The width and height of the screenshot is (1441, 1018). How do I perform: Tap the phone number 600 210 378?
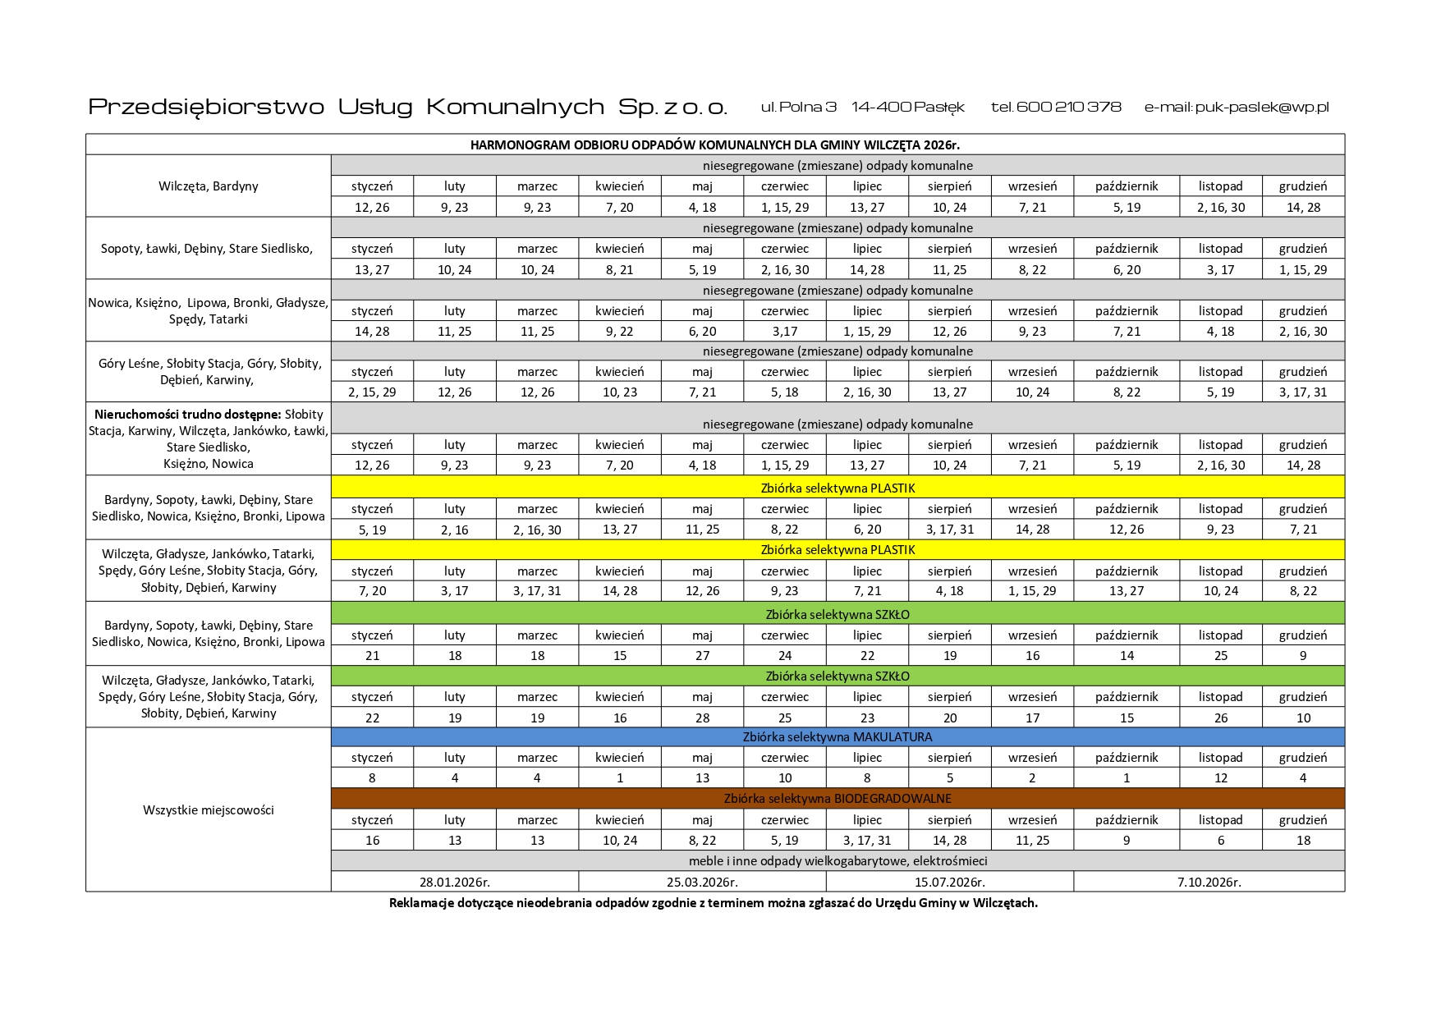pos(1068,108)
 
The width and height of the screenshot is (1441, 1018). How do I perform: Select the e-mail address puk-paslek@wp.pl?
pos(1262,108)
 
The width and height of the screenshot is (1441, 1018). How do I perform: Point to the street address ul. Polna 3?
pos(798,108)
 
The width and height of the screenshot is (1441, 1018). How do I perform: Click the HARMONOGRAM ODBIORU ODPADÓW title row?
pos(714,144)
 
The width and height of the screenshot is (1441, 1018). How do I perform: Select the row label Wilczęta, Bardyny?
pos(208,186)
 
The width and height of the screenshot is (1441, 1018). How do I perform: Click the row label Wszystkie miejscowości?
pos(208,810)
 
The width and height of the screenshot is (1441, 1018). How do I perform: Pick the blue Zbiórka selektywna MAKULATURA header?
pos(838,737)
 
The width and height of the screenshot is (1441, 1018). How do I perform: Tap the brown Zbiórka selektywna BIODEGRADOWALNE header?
pos(838,799)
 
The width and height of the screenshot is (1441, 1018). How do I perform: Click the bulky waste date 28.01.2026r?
pos(454,883)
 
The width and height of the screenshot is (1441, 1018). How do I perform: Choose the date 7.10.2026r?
pos(1209,883)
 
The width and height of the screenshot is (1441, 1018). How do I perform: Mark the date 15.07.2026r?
pos(949,883)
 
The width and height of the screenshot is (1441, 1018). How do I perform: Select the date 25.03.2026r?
pos(702,883)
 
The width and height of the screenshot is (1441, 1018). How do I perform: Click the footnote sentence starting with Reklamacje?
pos(713,903)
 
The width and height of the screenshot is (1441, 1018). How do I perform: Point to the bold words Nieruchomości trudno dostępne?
pos(187,415)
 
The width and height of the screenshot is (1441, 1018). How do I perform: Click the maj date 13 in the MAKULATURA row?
pos(702,778)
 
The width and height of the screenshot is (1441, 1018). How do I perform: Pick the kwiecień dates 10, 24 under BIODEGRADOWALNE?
pos(619,841)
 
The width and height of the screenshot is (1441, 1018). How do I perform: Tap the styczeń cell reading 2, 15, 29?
pos(372,392)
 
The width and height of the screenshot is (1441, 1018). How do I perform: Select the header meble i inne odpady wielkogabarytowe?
pos(838,861)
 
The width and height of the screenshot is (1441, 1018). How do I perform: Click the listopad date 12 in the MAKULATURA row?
pos(1220,778)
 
